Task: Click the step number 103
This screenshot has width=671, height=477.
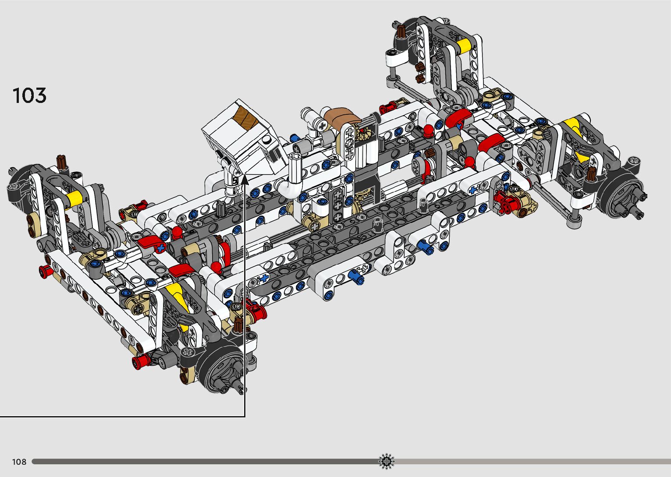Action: (x=29, y=95)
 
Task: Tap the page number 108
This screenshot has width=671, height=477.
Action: (x=19, y=462)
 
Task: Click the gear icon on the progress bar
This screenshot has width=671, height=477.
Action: (x=387, y=461)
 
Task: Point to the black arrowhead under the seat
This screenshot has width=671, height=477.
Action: (x=245, y=180)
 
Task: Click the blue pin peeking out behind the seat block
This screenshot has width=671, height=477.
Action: (x=295, y=138)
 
